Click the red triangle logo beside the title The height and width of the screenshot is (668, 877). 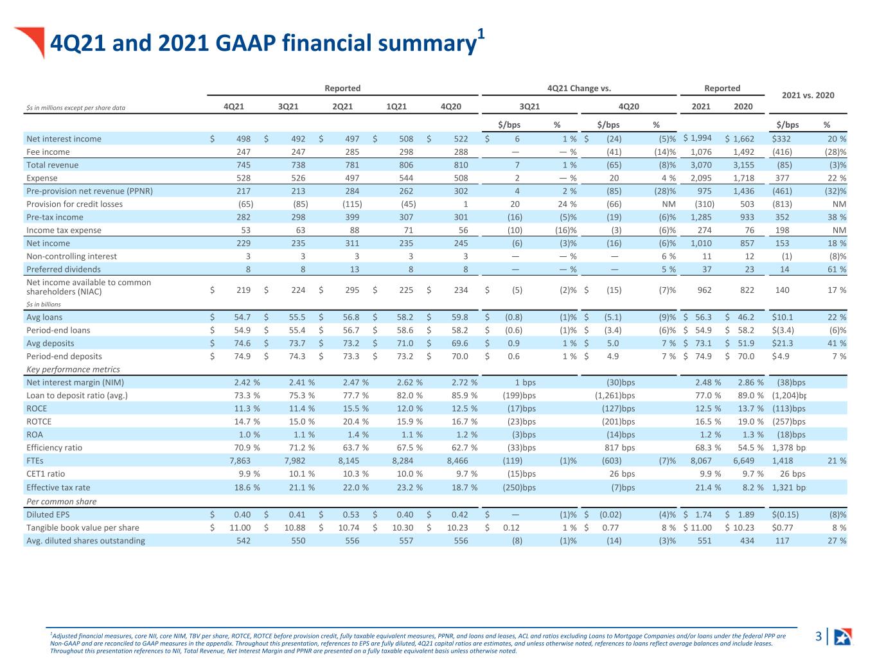(x=33, y=40)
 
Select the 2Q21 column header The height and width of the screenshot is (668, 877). (x=342, y=107)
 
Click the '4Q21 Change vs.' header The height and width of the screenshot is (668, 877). (x=579, y=88)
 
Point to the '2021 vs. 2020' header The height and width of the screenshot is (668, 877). (x=808, y=96)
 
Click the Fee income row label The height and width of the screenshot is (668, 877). (x=48, y=152)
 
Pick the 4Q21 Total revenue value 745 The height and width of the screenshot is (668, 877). (x=244, y=165)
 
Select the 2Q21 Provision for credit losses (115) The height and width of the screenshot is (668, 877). (x=352, y=204)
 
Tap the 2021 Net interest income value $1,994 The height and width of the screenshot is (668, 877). (x=697, y=138)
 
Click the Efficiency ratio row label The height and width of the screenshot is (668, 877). (x=55, y=448)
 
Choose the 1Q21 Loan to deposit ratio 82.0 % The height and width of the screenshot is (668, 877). (x=409, y=395)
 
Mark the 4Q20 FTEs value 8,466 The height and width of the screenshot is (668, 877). (x=457, y=461)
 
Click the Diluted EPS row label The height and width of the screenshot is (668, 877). (x=48, y=514)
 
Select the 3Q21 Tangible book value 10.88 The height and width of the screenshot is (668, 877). (x=295, y=528)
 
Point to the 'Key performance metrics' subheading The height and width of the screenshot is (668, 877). (x=73, y=369)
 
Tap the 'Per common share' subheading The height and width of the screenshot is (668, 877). (x=62, y=502)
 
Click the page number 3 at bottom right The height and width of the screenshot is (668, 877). (x=819, y=636)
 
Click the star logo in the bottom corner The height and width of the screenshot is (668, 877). (x=844, y=637)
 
